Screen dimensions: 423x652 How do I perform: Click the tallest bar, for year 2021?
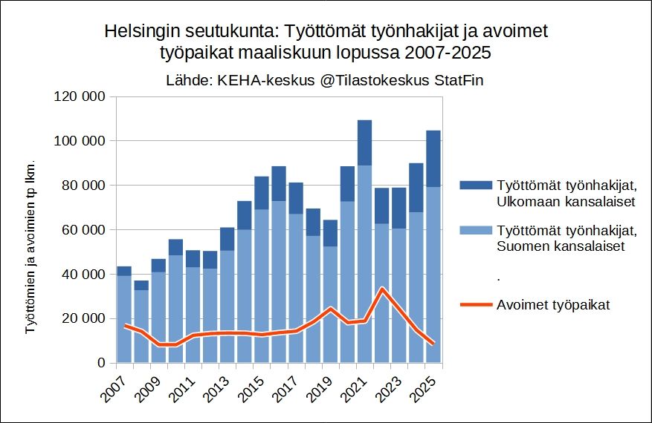click(x=364, y=223)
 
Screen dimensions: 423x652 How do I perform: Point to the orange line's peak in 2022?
click(x=381, y=288)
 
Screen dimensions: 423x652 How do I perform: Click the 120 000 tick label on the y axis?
click(x=81, y=96)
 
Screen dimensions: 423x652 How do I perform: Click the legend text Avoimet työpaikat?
click(x=553, y=305)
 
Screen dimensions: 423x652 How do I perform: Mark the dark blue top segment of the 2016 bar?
click(x=279, y=183)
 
